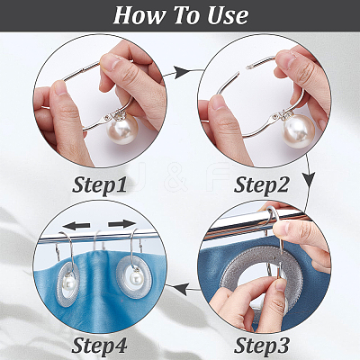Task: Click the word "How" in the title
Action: click(x=139, y=15)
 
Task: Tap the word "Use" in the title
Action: click(x=228, y=15)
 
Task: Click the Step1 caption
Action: click(x=99, y=184)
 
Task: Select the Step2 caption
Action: click(x=261, y=184)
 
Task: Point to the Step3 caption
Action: click(x=261, y=345)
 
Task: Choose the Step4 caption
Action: click(x=99, y=345)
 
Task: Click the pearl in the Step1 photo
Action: click(x=122, y=130)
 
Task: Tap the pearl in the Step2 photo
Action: click(x=299, y=130)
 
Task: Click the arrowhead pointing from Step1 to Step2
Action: click(x=182, y=72)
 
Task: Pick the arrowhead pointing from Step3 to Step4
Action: click(x=183, y=290)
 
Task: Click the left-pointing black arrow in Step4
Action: click(x=76, y=226)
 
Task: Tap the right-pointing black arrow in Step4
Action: click(x=122, y=224)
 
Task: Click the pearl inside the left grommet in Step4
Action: click(x=69, y=283)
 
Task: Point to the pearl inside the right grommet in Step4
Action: click(x=135, y=279)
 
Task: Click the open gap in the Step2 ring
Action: click(x=243, y=69)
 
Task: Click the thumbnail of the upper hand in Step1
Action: click(x=107, y=61)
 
